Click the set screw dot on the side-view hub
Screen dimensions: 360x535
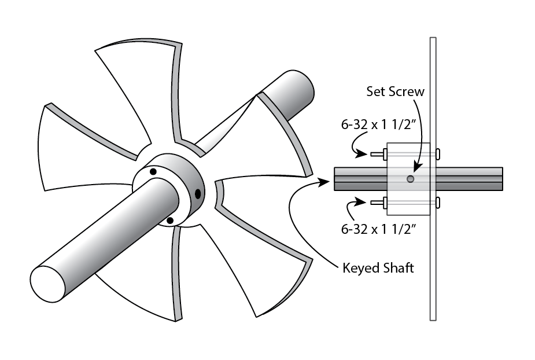pyautogui.click(x=410, y=179)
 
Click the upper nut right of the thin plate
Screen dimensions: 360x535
pyautogui.click(x=438, y=154)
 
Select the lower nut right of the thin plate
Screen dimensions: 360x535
pyautogui.click(x=438, y=203)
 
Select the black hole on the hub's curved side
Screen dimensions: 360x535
pyautogui.click(x=198, y=193)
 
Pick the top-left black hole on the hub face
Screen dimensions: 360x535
pyautogui.click(x=153, y=172)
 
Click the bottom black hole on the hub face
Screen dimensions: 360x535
pyautogui.click(x=170, y=221)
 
